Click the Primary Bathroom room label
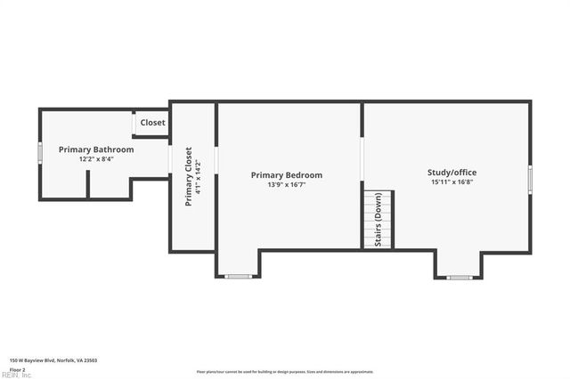pos(96,149)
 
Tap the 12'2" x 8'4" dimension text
pos(96,159)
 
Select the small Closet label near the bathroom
pos(152,123)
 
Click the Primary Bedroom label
pos(287,175)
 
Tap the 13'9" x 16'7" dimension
pos(287,185)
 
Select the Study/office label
pos(452,172)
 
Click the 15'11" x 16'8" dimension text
pos(452,181)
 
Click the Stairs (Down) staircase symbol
pos(378,219)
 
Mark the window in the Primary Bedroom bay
pos(238,277)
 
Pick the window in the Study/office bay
pos(459,278)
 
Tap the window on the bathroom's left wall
pos(39,154)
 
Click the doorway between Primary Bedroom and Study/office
pos(362,160)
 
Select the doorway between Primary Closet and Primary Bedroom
pos(216,160)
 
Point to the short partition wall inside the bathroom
pos(87,184)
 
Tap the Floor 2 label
pos(17,368)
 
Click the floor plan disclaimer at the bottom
pos(285,372)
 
